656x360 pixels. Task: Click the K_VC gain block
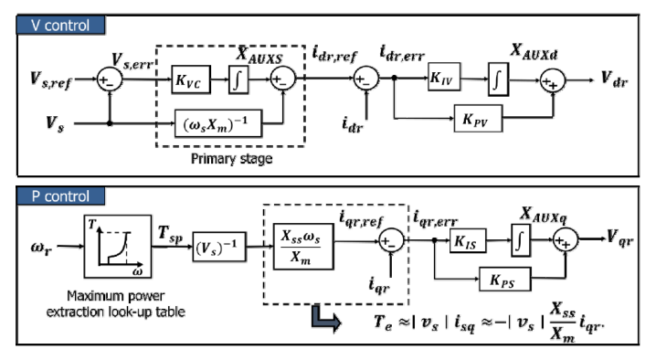191,79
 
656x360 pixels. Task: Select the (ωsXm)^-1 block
218,123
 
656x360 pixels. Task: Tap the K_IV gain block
444,77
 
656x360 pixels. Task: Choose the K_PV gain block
478,119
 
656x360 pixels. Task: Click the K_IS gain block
468,240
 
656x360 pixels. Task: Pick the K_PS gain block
504,279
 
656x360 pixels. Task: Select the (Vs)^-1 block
218,247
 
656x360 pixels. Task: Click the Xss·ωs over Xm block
303,246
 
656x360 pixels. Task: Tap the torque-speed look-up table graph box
118,247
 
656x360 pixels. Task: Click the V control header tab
60,25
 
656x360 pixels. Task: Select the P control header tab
60,196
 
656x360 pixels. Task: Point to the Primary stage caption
231,159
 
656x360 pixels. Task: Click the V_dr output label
615,79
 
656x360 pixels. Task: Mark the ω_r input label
41,247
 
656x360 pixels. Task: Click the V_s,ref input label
51,79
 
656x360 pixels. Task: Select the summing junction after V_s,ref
110,79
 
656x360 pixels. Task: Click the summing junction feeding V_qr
566,240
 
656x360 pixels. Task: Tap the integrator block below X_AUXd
498,79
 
